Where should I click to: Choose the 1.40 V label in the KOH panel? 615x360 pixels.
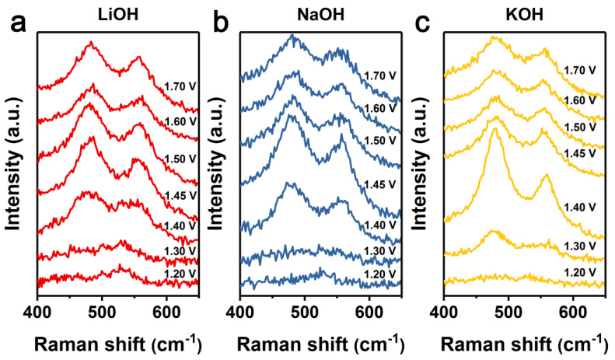tap(580, 207)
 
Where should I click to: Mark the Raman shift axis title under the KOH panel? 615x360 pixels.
tap(523, 342)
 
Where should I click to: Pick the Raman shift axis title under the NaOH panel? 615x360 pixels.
tap(320, 342)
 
